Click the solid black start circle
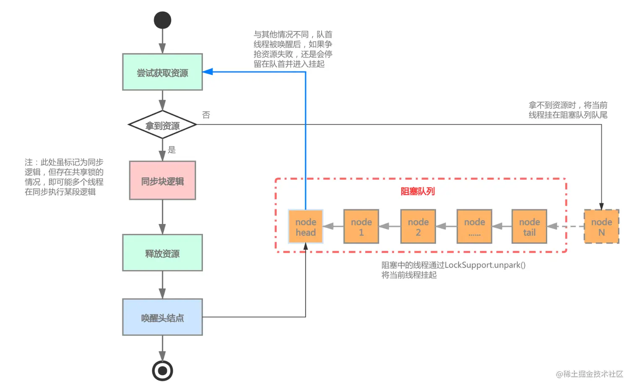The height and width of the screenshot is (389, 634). (162, 20)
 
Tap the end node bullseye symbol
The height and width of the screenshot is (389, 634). (162, 371)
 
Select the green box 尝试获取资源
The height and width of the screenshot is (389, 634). (162, 72)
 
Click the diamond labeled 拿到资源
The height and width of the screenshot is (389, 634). (162, 125)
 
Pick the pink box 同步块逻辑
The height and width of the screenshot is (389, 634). (162, 181)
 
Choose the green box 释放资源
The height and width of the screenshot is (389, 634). (162, 253)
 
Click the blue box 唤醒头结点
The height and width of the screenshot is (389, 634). (162, 317)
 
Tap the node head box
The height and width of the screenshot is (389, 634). (306, 227)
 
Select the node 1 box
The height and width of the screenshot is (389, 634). (361, 227)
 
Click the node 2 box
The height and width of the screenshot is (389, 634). (418, 227)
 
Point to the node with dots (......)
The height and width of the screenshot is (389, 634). (474, 227)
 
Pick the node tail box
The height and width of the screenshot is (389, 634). (529, 227)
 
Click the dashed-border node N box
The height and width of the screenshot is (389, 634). (601, 227)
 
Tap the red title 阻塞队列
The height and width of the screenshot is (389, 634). (418, 192)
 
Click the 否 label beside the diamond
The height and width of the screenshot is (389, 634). (206, 115)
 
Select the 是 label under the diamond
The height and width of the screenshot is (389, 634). (172, 150)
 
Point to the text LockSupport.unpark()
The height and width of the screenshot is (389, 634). (485, 265)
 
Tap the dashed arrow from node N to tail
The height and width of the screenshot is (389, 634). (566, 226)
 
